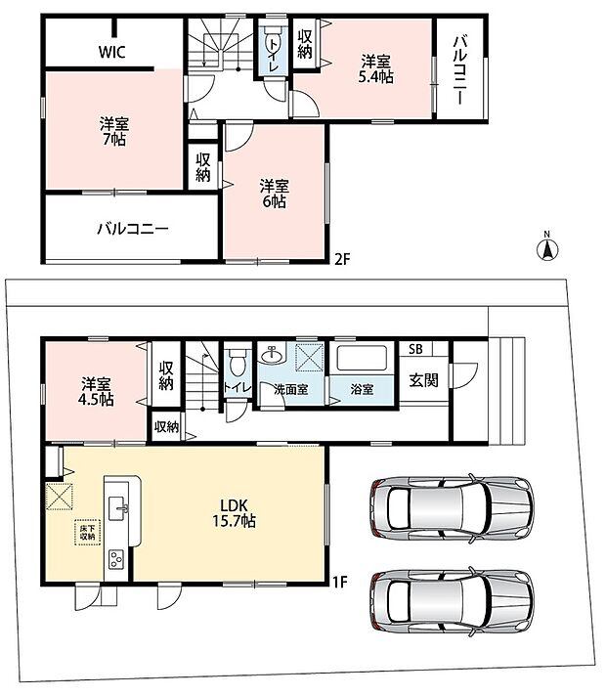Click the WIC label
[x=111, y=52]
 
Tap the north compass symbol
[x=547, y=247]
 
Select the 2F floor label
[x=343, y=259]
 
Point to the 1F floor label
[x=340, y=582]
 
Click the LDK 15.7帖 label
[x=234, y=512]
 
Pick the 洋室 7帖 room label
[x=113, y=131]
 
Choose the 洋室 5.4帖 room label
[x=375, y=68]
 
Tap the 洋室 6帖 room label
[x=275, y=194]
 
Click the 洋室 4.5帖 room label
[x=96, y=391]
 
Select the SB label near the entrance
[x=415, y=349]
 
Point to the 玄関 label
[x=423, y=380]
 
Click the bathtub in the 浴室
[x=362, y=358]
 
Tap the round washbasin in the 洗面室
[x=271, y=355]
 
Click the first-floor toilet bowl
[x=236, y=362]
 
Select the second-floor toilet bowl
[x=272, y=41]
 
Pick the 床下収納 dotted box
[x=87, y=532]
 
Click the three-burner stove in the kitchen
[x=116, y=558]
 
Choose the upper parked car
[x=452, y=507]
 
